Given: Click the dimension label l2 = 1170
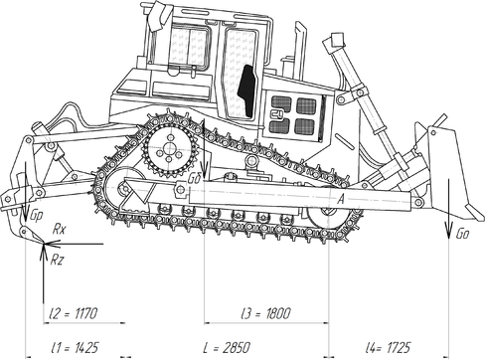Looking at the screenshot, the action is point(73,313).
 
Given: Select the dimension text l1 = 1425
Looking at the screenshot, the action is point(75,348).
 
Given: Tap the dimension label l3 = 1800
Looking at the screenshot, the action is point(266,313).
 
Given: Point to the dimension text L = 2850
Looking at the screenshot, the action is point(227,348).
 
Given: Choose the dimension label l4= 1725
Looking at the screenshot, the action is point(388,348).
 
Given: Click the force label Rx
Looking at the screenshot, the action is point(60,230).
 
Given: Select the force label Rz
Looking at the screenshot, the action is point(57,261).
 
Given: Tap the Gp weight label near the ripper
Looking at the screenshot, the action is point(37,216).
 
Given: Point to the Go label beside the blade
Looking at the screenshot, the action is point(462,234).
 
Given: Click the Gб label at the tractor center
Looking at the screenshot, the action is point(194,178).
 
